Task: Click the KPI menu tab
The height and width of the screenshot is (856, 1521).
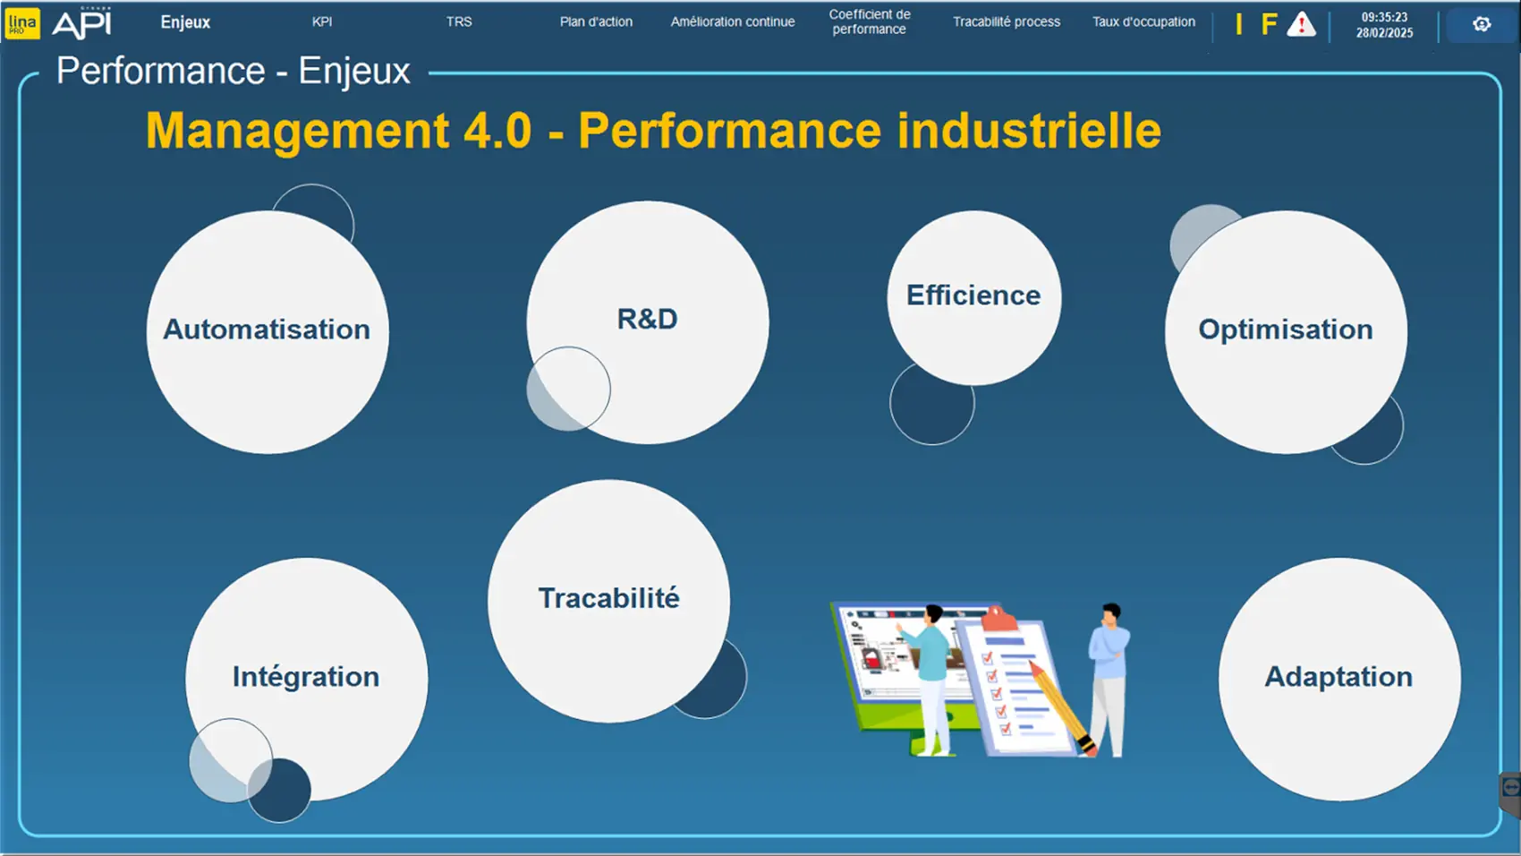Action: pos(322,21)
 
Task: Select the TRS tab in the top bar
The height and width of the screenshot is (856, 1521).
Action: pos(459,21)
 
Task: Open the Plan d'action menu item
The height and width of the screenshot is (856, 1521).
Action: pos(596,21)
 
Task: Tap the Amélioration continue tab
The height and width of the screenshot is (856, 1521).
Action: pos(733,21)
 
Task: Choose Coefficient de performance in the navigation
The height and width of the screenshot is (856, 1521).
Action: pos(869,21)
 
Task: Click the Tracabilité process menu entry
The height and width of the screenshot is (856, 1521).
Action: pos(1007,21)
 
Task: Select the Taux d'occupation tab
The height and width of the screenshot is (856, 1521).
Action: pos(1143,21)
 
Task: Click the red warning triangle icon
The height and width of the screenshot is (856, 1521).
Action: pos(1301,24)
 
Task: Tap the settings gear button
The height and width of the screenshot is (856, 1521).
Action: pos(1482,24)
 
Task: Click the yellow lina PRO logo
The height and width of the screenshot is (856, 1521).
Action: pos(22,23)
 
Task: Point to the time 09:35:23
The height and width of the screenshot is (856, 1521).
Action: pos(1384,17)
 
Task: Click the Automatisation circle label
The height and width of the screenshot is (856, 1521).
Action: pos(267,330)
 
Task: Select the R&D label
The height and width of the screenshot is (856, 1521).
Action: pos(647,320)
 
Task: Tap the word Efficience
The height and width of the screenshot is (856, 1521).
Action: pos(973,295)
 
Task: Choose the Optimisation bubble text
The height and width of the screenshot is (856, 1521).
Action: pos(1286,330)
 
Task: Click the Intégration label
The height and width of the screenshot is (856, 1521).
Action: pos(306,677)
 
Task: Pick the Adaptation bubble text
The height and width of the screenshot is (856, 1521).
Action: pos(1338,677)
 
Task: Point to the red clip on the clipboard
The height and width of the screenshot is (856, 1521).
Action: pos(998,620)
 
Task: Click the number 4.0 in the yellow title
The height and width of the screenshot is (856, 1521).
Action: pos(497,130)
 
